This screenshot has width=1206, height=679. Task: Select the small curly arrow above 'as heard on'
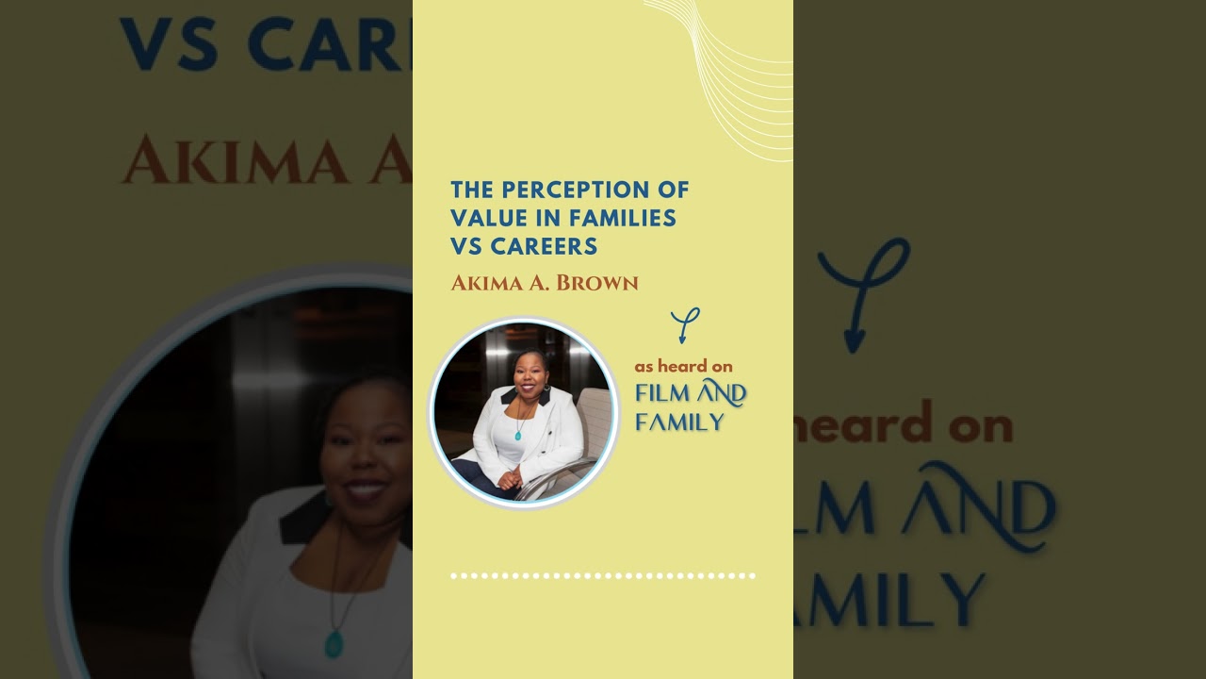pos(686,324)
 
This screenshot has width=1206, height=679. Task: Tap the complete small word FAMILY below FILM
pos(679,421)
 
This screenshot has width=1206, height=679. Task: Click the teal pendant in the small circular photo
pos(517,435)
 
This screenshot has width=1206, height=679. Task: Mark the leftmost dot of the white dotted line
pos(453,575)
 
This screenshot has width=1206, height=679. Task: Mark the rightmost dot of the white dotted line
pos(752,575)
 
